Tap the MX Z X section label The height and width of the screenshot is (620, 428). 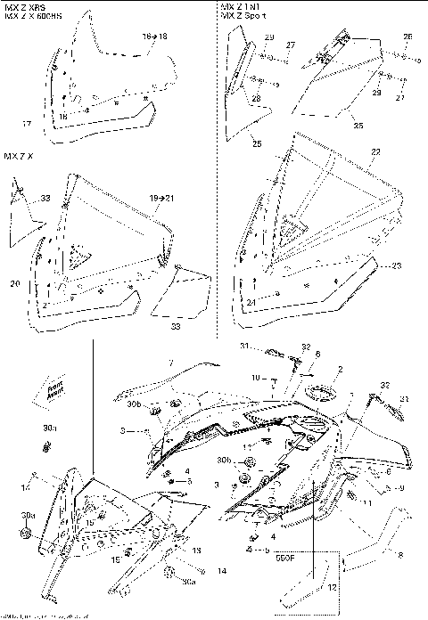pyautogui.click(x=19, y=156)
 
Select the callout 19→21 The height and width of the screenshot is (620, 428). pyautogui.click(x=160, y=196)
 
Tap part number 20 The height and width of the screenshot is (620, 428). pyautogui.click(x=15, y=284)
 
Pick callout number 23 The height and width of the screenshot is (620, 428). pyautogui.click(x=396, y=265)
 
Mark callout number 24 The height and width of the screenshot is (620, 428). pyautogui.click(x=251, y=303)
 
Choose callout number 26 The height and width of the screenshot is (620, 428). pyautogui.click(x=407, y=37)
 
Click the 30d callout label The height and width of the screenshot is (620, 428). pyautogui.click(x=29, y=515)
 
